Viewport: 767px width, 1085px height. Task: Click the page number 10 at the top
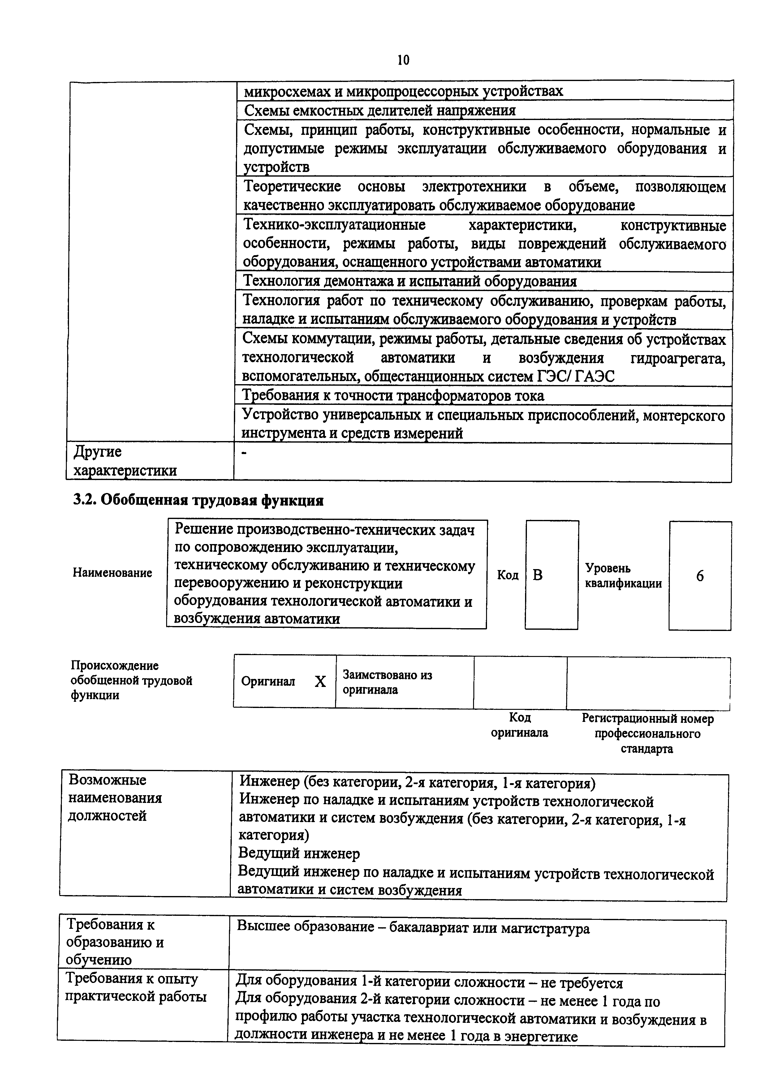pyautogui.click(x=403, y=60)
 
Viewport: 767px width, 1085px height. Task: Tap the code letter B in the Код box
pyautogui.click(x=537, y=575)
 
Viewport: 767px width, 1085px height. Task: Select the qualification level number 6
pyautogui.click(x=700, y=576)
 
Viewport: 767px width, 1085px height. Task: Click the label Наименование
pyautogui.click(x=113, y=573)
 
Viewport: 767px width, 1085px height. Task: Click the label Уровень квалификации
pyautogui.click(x=623, y=576)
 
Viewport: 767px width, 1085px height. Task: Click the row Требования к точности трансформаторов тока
pyautogui.click(x=393, y=396)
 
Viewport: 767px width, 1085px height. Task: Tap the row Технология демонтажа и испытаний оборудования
pyautogui.click(x=409, y=282)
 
